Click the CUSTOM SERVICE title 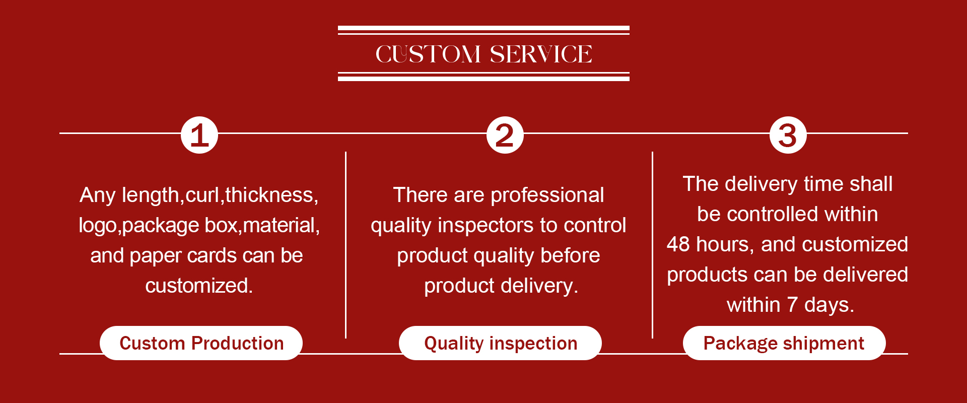pos(483,54)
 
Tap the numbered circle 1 pos(199,135)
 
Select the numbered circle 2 pos(505,135)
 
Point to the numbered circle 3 pos(788,135)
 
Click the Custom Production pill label pos(201,343)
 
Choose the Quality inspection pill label pos(501,343)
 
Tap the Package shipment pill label pos(784,343)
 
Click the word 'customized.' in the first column pos(199,286)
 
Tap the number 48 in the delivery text pos(678,244)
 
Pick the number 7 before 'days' pos(792,305)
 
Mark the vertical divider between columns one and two pos(346,245)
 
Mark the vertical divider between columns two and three pos(652,245)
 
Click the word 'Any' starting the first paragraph pos(98,195)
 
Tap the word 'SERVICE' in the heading pos(541,54)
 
